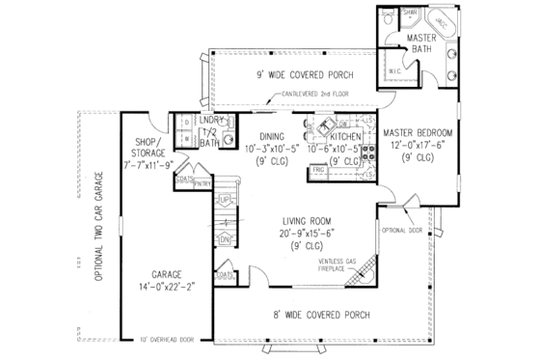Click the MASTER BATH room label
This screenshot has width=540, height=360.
tap(422, 42)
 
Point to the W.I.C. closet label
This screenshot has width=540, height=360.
tap(395, 71)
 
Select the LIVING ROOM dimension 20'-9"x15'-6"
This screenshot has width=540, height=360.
tap(303, 232)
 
